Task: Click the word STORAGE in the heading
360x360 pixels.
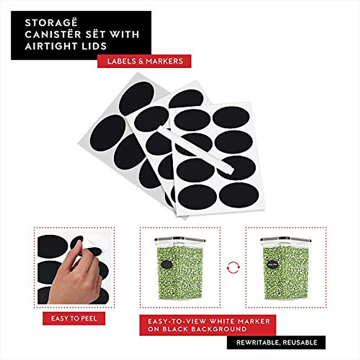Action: click(51, 23)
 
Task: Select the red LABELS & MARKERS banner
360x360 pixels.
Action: click(144, 61)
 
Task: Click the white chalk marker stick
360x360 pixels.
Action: click(195, 150)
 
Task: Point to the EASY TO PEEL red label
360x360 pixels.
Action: click(74, 318)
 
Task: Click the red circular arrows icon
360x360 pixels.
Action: click(233, 267)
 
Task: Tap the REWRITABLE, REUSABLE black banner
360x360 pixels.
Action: click(276, 342)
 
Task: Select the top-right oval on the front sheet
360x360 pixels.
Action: click(231, 117)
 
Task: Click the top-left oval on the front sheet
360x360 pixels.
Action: click(192, 120)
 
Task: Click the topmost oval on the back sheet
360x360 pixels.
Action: click(136, 97)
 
